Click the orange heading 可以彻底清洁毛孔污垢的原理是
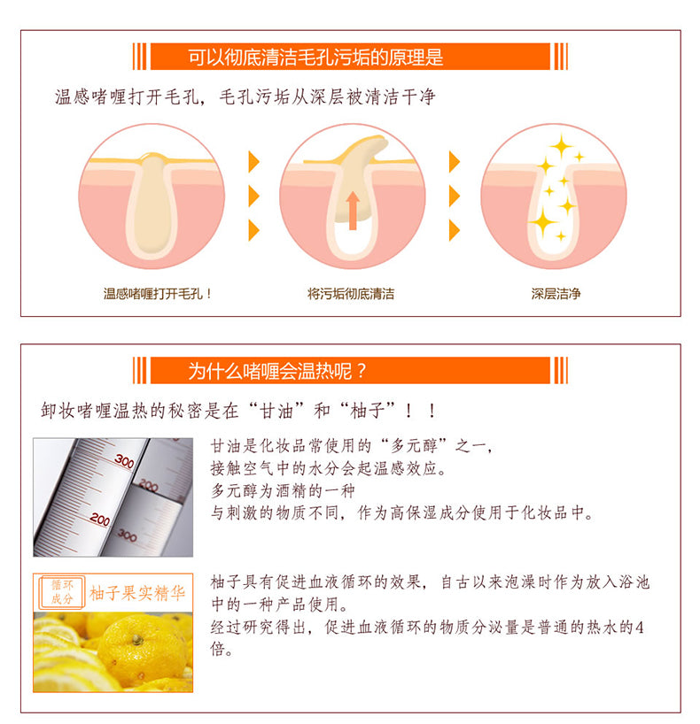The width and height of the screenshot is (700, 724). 315,57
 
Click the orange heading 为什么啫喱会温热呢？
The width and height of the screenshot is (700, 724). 277,371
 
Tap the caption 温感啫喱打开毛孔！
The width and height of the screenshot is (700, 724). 158,294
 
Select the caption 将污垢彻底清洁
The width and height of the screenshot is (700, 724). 351,294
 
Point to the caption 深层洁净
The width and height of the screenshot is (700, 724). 556,294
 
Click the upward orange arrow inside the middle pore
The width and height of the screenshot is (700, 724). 353,211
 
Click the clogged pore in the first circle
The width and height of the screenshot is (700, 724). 152,205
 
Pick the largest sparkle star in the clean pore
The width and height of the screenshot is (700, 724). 543,222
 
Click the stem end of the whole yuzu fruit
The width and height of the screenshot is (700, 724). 136,640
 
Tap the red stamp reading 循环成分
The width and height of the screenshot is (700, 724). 62,592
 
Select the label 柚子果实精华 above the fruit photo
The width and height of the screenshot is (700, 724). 137,593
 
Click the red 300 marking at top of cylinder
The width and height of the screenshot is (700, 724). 124,461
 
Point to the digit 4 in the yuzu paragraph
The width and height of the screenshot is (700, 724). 640,627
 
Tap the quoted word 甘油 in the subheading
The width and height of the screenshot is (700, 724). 276,410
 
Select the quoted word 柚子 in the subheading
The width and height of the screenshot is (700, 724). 367,410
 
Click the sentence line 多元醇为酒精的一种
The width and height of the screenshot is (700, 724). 283,490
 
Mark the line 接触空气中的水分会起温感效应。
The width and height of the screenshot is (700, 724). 329,468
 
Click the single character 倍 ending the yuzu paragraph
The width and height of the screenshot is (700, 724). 218,649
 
